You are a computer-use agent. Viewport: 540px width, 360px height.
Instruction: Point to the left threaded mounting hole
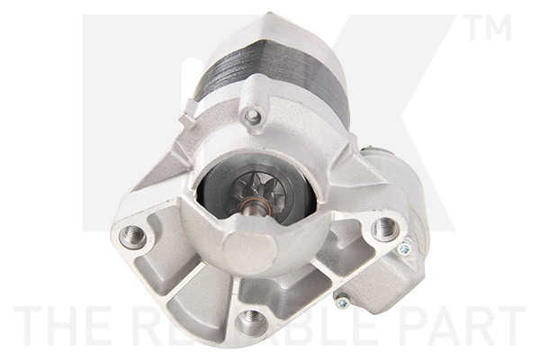(x=133, y=236)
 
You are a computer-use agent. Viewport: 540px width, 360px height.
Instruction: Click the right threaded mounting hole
(x=385, y=228)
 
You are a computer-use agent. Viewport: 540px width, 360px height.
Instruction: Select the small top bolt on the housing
(x=253, y=116)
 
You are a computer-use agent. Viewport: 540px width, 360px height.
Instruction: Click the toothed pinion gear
(x=260, y=191)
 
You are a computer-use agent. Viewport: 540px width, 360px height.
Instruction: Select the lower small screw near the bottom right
(x=342, y=301)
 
